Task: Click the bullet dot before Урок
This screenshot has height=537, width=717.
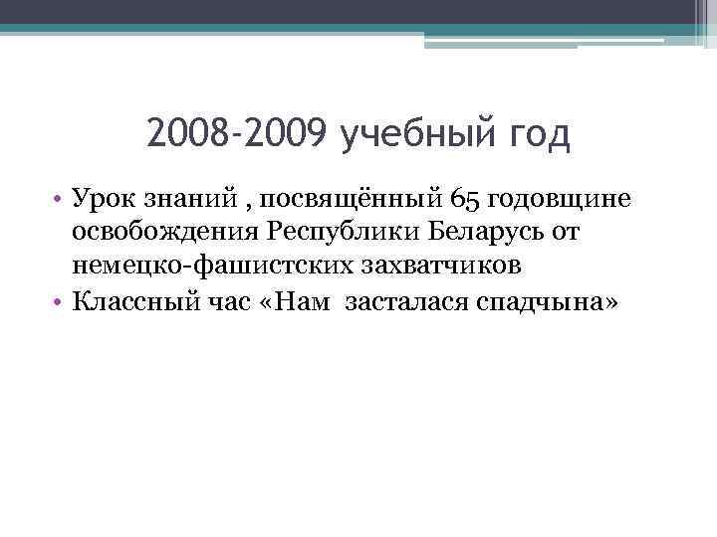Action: pyautogui.click(x=60, y=201)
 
